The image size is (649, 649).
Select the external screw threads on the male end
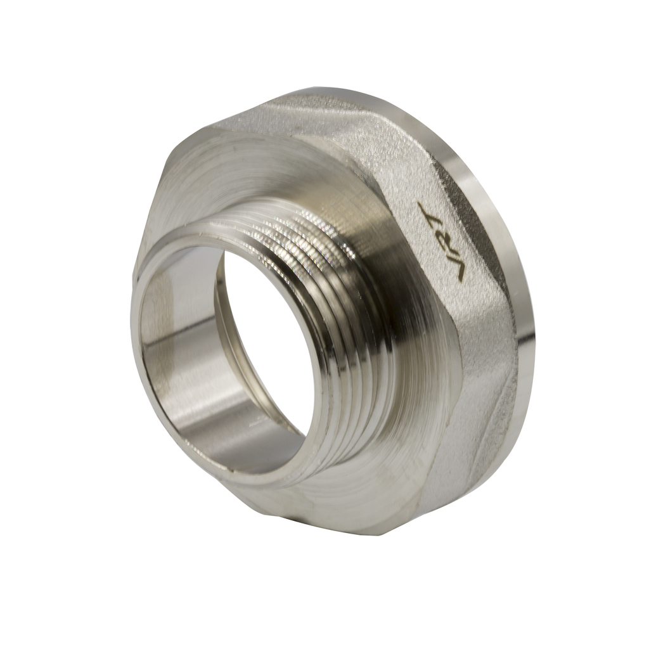(331, 331)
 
